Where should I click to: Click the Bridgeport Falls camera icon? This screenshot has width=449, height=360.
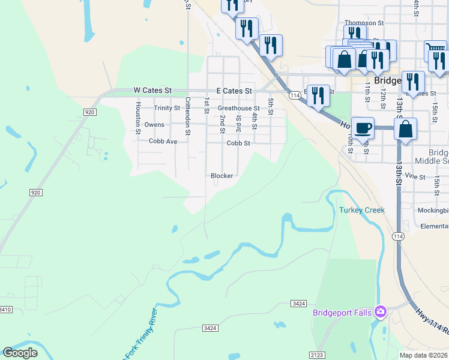(x=380, y=311)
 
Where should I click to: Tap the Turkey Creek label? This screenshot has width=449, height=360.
(x=361, y=210)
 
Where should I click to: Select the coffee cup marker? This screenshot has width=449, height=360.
(x=363, y=128)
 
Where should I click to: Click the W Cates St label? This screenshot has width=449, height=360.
(x=152, y=91)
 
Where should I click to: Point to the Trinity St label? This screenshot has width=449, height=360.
(x=167, y=109)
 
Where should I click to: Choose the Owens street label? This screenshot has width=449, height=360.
(x=154, y=125)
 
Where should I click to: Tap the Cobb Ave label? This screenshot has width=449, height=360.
(x=163, y=142)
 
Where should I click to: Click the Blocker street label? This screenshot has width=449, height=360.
(x=221, y=176)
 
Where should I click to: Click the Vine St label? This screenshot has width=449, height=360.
(x=415, y=176)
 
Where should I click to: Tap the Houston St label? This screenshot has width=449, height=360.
(x=138, y=118)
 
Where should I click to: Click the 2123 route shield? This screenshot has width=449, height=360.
(x=318, y=355)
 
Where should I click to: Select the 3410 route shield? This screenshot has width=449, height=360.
(x=5, y=310)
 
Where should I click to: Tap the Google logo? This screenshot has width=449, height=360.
(x=20, y=353)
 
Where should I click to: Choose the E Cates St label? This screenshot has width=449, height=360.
(x=234, y=91)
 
